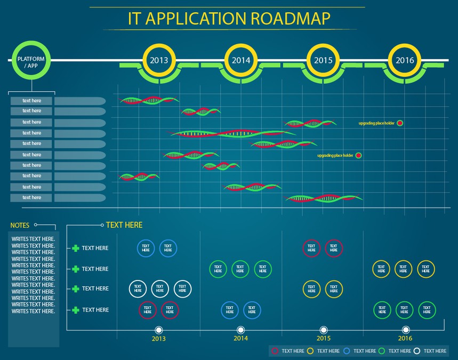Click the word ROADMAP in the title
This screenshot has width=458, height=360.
(291, 18)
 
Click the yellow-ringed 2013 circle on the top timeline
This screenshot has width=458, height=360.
(159, 60)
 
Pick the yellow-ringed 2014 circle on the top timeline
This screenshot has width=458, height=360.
(241, 60)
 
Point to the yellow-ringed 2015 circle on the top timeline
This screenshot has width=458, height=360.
(323, 60)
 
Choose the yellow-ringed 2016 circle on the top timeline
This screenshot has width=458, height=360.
(405, 60)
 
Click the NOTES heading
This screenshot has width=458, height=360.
(20, 226)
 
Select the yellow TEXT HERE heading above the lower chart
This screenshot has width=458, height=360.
(124, 225)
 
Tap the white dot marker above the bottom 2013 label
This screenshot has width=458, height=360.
(158, 330)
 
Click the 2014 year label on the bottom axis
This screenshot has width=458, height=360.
(241, 339)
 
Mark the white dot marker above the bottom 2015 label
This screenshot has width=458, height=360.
(324, 330)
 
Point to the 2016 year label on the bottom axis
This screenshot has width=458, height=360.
(405, 339)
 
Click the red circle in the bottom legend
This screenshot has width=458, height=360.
(275, 351)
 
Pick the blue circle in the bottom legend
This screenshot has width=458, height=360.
(347, 351)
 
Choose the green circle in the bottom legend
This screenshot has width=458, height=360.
(382, 351)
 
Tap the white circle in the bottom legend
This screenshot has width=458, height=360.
(417, 351)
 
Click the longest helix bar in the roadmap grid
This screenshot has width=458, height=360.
(233, 133)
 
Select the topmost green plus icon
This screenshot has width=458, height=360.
(75, 248)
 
